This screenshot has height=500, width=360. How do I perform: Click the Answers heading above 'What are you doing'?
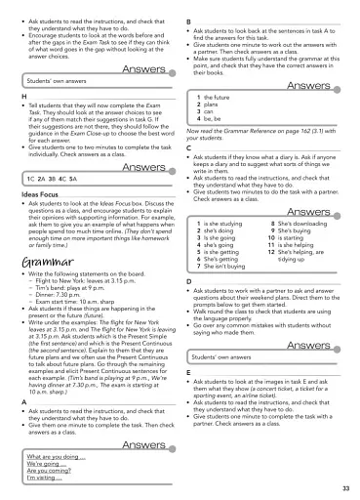coord(143,444)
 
